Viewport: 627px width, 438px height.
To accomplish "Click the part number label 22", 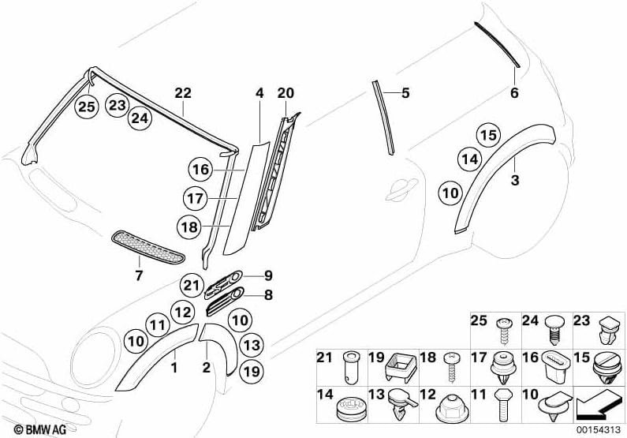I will pos(183,93).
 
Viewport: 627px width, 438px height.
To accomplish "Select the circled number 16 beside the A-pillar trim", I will pos(200,169).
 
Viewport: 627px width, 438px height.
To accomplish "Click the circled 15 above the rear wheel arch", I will pos(489,135).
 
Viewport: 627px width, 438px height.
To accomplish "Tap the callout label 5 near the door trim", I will pos(405,93).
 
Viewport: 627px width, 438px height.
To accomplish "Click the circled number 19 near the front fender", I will pos(252,370).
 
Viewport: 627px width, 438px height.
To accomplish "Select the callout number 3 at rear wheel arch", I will pos(514,181).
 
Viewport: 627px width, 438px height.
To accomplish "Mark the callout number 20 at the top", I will pos(285,93).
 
